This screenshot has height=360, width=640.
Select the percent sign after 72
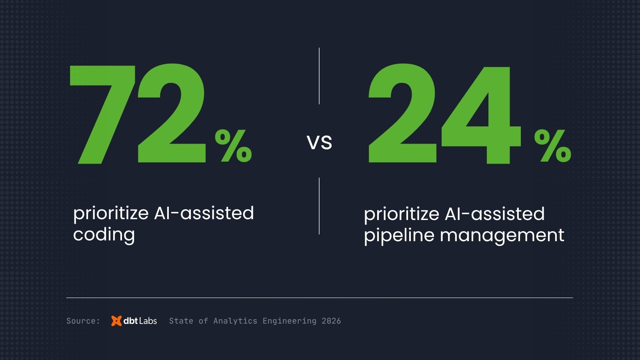pyautogui.click(x=234, y=146)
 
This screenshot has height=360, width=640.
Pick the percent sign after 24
pyautogui.click(x=553, y=146)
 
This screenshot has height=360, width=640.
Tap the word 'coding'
pyautogui.click(x=104, y=234)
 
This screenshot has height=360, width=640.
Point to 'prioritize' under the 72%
pyautogui.click(x=111, y=213)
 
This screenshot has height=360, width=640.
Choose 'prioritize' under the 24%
pyautogui.click(x=402, y=214)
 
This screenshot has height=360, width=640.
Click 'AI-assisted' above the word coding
pyautogui.click(x=204, y=213)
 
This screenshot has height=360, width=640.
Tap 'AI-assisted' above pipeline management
pyautogui.click(x=495, y=214)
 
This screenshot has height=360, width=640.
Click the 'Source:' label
pyautogui.click(x=83, y=321)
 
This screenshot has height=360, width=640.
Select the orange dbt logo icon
pyautogui.click(x=116, y=321)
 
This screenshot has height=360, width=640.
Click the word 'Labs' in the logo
pyautogui.click(x=148, y=321)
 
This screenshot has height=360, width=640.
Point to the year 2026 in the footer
pyautogui.click(x=331, y=321)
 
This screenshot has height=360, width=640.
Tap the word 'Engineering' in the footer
pyautogui.click(x=289, y=321)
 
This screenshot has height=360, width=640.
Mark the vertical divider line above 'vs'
pyautogui.click(x=319, y=76)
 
